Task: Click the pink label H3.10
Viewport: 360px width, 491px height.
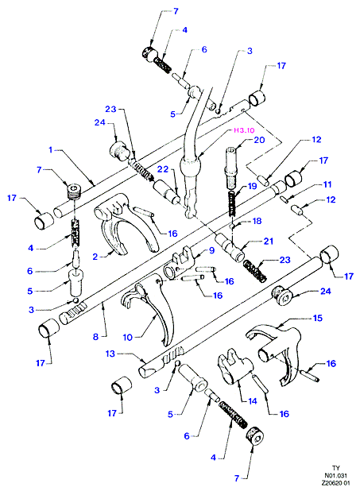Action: click(x=245, y=130)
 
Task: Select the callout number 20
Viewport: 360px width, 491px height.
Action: click(x=259, y=140)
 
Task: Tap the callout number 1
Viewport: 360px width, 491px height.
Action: click(x=51, y=150)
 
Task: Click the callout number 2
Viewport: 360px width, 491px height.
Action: click(x=95, y=257)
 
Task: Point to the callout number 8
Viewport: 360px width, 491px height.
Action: click(x=95, y=337)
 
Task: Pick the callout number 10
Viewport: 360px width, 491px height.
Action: click(x=127, y=338)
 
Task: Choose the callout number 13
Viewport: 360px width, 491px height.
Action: click(x=110, y=354)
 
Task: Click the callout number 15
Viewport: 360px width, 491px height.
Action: click(x=317, y=318)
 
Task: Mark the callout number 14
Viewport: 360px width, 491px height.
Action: click(x=253, y=401)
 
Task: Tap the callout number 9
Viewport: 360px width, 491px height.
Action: click(x=212, y=250)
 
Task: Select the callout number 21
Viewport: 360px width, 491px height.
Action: click(x=268, y=241)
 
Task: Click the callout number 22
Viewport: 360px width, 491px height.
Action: click(x=163, y=169)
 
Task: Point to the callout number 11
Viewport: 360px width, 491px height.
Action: click(x=327, y=184)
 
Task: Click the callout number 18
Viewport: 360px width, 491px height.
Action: click(x=257, y=221)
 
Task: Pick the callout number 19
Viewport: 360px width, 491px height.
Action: click(x=252, y=186)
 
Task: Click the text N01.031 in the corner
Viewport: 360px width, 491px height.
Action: click(x=335, y=475)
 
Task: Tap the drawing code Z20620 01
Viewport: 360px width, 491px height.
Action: click(x=335, y=483)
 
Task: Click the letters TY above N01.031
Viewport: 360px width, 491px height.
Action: click(x=336, y=468)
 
